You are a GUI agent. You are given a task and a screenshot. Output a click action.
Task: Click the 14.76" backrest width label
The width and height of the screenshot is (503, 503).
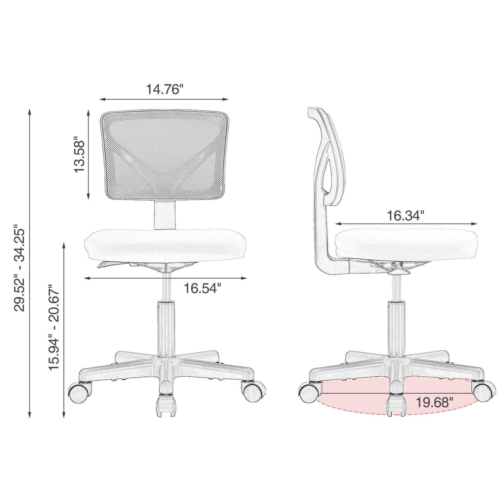coord(164,89)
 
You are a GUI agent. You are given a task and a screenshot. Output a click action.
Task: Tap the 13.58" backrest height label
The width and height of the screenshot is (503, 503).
coord(79,156)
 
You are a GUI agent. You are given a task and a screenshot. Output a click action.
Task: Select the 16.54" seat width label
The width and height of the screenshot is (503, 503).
coord(202,288)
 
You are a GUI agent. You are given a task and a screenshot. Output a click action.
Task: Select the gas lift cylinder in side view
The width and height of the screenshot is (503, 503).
coord(396,325)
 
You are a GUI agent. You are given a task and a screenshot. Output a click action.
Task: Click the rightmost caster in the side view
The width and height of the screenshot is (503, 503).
coord(484,391)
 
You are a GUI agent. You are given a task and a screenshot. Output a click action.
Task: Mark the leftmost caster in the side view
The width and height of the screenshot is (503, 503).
coord(308,391)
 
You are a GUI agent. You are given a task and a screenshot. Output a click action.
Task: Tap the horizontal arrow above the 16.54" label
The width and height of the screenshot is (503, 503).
coord(165,278)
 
